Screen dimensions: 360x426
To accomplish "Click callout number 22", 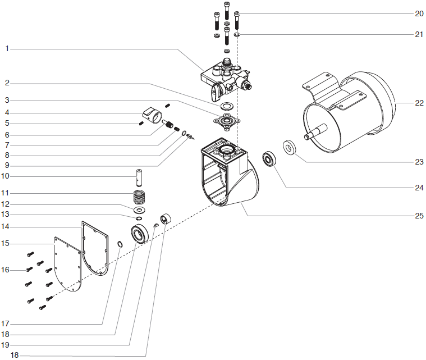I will pos(419,103).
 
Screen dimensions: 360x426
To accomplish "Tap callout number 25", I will pos(419,216).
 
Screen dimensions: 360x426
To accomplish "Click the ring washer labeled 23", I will pos(290,147).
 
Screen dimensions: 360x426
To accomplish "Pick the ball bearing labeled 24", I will pos(270,160).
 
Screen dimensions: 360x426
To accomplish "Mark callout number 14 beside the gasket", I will pos(6,226).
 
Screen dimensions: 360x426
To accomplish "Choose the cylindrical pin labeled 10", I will pos(138,177).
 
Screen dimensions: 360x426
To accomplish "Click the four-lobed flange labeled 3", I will pos(227,121).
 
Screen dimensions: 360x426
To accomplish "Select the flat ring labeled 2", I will pos(227,106).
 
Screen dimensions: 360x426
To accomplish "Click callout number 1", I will pos(6,49).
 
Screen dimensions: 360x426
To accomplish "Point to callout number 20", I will pos(419,13).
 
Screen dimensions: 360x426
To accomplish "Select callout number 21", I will pos(419,34).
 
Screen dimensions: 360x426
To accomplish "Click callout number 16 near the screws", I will pos(6,270).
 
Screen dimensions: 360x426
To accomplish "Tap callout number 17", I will pos(6,323).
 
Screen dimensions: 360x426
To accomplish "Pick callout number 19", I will pos(6,344).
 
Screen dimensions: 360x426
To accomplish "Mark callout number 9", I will pos(6,165).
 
